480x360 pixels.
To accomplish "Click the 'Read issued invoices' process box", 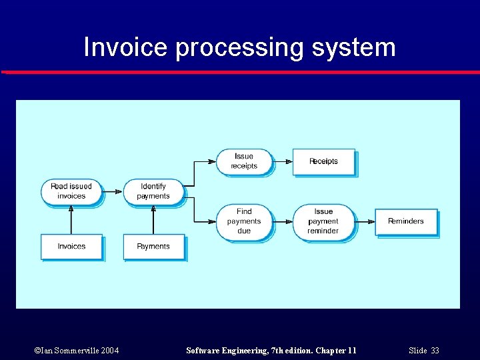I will click(x=71, y=191).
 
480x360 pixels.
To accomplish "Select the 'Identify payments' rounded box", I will click(x=153, y=191).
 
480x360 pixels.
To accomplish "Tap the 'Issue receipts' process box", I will click(x=244, y=161).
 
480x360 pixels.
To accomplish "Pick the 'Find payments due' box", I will click(x=244, y=221).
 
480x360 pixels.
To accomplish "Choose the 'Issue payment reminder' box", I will click(x=323, y=221).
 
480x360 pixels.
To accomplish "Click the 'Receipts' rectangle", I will click(x=323, y=161).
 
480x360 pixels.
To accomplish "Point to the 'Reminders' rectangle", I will click(x=405, y=221).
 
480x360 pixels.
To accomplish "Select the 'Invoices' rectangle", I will click(x=71, y=246).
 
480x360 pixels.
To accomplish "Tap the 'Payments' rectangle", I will click(x=153, y=246).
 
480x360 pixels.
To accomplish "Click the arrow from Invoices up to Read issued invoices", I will click(x=71, y=219).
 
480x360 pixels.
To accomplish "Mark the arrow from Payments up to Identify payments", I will click(x=153, y=219).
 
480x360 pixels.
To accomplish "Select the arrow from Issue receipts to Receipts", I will click(x=283, y=161).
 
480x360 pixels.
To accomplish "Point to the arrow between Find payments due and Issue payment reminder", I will click(x=283, y=221).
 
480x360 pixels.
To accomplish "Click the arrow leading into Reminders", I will click(x=365, y=221).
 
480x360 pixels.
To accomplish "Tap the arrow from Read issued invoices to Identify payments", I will click(x=113, y=191).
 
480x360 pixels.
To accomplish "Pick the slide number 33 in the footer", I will click(x=435, y=351).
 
